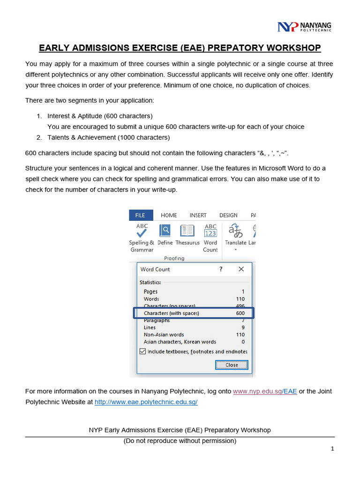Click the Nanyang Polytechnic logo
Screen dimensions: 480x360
click(x=304, y=26)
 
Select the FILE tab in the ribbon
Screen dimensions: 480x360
click(x=140, y=215)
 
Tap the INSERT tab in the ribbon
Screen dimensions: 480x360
click(x=198, y=215)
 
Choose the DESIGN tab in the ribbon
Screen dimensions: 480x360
click(x=228, y=215)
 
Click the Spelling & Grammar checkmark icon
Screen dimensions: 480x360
click(x=142, y=230)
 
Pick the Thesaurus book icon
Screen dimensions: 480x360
click(x=187, y=231)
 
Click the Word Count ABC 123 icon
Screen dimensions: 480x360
click(x=210, y=230)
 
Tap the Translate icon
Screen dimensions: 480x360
click(x=235, y=231)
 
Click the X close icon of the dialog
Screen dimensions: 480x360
click(x=241, y=269)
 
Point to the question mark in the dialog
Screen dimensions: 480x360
click(x=221, y=269)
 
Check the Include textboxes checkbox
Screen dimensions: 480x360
click(x=143, y=351)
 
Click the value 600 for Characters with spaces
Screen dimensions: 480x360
click(x=240, y=313)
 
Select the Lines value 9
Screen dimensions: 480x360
click(x=243, y=328)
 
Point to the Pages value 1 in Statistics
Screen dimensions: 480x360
click(x=243, y=292)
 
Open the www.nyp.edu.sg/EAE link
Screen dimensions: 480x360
click(x=265, y=391)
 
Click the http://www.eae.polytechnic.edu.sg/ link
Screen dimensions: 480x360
click(x=146, y=402)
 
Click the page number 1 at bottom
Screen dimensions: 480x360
click(x=332, y=449)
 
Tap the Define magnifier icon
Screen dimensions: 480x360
click(x=165, y=231)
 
